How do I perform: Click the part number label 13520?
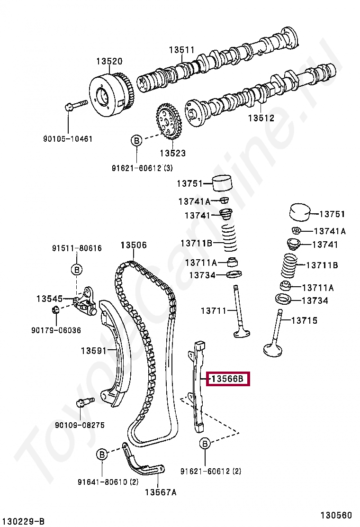tap(109, 61)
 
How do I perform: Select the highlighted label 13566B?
tap(227, 379)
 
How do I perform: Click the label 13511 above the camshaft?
tap(182, 50)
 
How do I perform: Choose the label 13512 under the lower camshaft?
tap(261, 118)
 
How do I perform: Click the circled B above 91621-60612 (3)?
tap(136, 140)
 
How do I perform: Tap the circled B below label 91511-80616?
tap(76, 270)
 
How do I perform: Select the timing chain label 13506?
tap(134, 245)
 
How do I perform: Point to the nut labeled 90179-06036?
tap(55, 310)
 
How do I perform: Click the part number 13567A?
tap(161, 492)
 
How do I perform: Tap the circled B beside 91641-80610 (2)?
tap(102, 454)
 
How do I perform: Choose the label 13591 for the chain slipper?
tap(94, 351)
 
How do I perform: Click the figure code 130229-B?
tap(23, 521)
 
